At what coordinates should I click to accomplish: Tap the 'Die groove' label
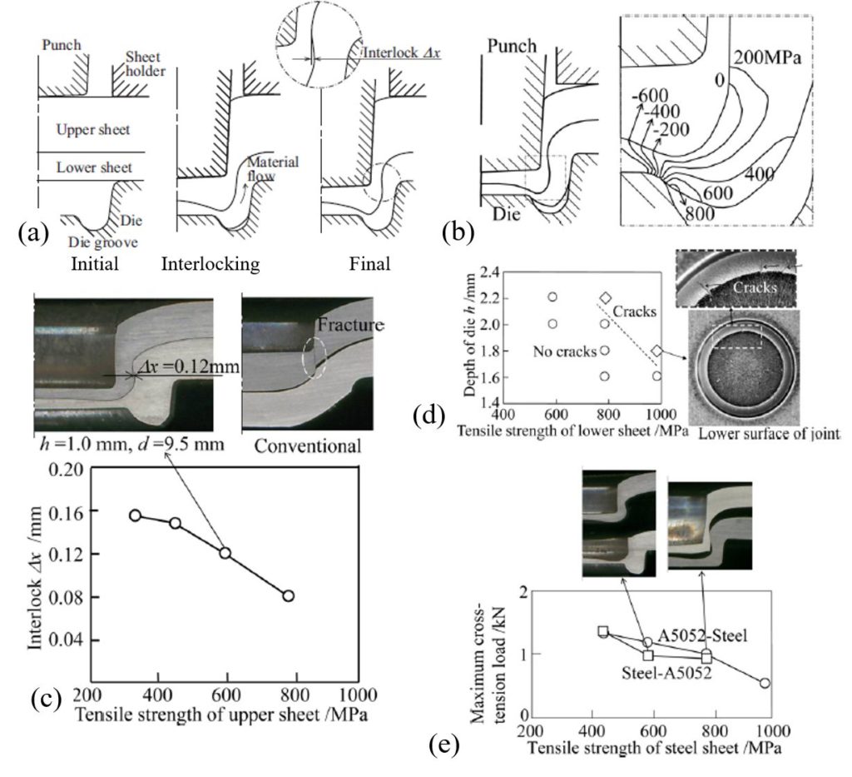91,243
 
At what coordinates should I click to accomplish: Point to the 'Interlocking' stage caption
211,264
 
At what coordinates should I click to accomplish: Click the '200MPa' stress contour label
765,58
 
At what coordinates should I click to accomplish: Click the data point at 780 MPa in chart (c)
288,595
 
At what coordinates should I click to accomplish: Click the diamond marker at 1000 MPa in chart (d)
657,352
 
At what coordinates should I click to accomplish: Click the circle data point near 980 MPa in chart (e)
765,683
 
